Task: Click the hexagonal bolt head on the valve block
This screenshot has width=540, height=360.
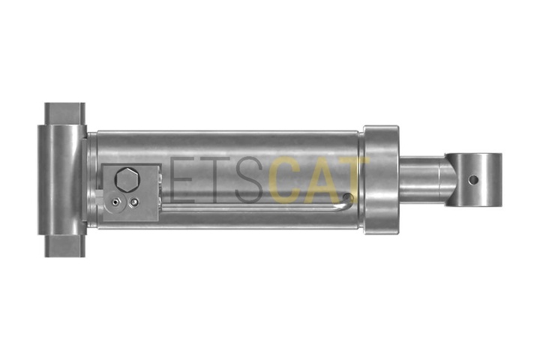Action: [x=127, y=179]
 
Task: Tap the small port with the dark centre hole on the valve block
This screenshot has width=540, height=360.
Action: [x=115, y=202]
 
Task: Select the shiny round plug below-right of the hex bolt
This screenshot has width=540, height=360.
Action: [x=134, y=202]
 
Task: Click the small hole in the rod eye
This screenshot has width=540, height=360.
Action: [x=474, y=179]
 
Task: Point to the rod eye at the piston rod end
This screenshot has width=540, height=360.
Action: [x=473, y=180]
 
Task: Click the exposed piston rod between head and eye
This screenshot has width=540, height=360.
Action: [x=421, y=180]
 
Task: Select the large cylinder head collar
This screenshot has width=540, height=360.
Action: [x=381, y=180]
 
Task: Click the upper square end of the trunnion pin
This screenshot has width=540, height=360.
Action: [x=64, y=114]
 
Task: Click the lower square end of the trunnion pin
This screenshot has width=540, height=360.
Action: [x=64, y=246]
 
